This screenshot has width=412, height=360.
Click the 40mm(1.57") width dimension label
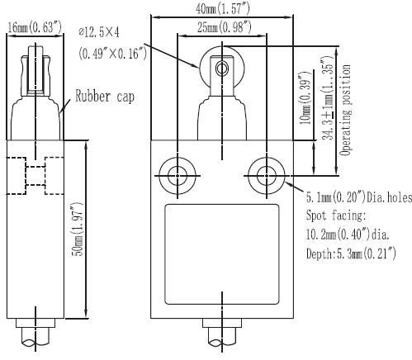(223, 9)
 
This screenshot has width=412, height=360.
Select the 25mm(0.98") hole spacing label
(224, 27)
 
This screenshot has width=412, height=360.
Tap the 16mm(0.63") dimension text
(35, 27)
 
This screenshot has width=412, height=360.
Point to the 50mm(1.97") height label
(78, 230)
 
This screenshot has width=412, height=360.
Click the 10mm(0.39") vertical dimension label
(305, 97)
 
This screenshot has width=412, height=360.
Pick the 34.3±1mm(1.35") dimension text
(327, 98)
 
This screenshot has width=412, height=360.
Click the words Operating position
(345, 111)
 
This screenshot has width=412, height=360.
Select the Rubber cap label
(105, 97)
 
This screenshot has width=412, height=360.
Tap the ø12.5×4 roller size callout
(99, 32)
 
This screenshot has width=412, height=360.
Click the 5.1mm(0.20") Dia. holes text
(359, 197)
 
